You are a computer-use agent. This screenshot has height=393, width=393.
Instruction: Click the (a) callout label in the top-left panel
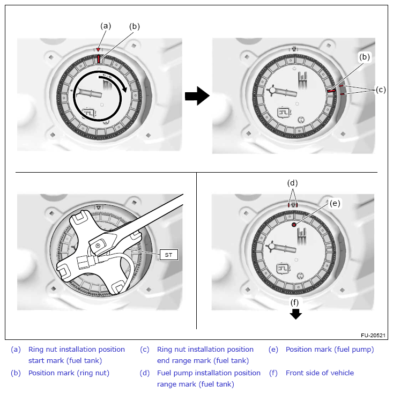pos(106,25)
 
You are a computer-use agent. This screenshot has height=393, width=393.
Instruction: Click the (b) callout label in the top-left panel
pos(135,26)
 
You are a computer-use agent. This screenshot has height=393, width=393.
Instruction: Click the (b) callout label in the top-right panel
pos(365,56)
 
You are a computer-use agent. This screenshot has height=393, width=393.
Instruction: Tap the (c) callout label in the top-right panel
pos(381,90)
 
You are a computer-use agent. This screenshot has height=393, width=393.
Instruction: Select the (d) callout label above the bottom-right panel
pos(293,183)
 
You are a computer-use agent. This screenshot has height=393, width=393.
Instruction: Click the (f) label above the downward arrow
pos(295,302)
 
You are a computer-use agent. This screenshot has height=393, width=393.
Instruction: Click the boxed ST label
pos(169,255)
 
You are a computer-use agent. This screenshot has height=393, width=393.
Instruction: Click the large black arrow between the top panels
pos(197,97)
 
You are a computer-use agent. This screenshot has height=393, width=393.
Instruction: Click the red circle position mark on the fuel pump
pos(294,225)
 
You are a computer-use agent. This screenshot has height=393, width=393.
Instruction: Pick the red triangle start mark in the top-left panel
pos(98,49)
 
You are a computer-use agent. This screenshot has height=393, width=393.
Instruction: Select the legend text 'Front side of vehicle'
pos(320,373)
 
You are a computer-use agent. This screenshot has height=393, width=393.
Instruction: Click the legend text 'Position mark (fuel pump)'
pos(330,350)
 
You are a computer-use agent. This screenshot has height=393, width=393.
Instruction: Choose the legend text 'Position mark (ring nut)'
pos(69,373)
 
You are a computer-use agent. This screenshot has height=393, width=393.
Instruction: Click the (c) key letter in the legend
pos(145,350)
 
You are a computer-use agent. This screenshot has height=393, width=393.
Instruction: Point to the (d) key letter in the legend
pos(145,373)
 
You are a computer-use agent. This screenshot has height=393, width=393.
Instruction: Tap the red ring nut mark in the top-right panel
pos(332,91)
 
